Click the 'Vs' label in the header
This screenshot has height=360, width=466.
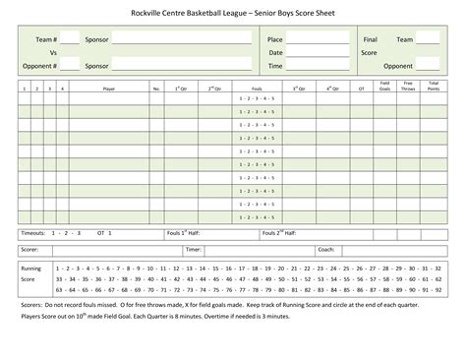pyautogui.click(x=53, y=52)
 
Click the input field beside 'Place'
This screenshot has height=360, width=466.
pyautogui.click(x=318, y=38)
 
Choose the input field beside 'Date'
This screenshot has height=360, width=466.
pyautogui.click(x=318, y=52)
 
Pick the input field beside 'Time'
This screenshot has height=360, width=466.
pyautogui.click(x=318, y=66)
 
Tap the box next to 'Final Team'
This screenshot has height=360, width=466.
pyautogui.click(x=428, y=38)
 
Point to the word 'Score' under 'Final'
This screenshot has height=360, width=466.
pyautogui.click(x=369, y=52)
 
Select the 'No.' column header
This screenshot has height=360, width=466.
pyautogui.click(x=156, y=88)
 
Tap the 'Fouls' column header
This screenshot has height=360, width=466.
pyautogui.click(x=255, y=88)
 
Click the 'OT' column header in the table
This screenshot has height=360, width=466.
pyautogui.click(x=361, y=88)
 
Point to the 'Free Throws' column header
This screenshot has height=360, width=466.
pyautogui.click(x=408, y=86)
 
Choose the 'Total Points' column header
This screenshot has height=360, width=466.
pyautogui.click(x=434, y=86)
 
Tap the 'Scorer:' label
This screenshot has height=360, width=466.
pyautogui.click(x=30, y=250)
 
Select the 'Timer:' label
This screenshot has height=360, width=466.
pyautogui.click(x=193, y=250)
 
